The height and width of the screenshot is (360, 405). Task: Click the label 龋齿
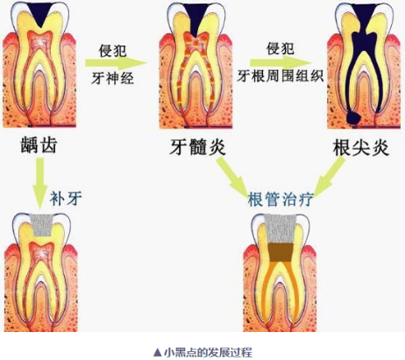(x=39, y=145)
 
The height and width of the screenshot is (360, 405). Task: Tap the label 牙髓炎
(x=198, y=146)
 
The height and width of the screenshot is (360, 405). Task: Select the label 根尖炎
(x=361, y=147)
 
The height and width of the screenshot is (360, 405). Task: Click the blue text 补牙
(x=66, y=199)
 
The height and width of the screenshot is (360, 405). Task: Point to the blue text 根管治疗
(x=281, y=200)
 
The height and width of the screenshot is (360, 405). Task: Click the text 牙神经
(x=112, y=78)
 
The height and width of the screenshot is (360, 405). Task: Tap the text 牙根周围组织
(x=281, y=76)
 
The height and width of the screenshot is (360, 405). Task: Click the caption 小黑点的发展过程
(x=208, y=352)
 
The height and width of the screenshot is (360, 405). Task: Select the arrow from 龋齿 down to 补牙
(x=40, y=184)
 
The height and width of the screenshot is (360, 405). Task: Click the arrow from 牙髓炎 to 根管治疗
(x=231, y=176)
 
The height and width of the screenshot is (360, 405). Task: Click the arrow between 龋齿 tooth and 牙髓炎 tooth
(x=116, y=63)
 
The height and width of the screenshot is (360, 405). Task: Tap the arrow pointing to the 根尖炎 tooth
(x=281, y=62)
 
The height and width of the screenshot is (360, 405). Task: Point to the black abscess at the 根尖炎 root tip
(x=353, y=118)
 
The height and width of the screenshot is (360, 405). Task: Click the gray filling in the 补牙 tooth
(x=43, y=225)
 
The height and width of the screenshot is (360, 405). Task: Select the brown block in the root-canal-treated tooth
(x=281, y=252)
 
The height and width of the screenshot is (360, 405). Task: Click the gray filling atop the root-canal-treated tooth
(x=281, y=229)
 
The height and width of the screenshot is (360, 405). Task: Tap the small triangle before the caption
(x=158, y=352)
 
